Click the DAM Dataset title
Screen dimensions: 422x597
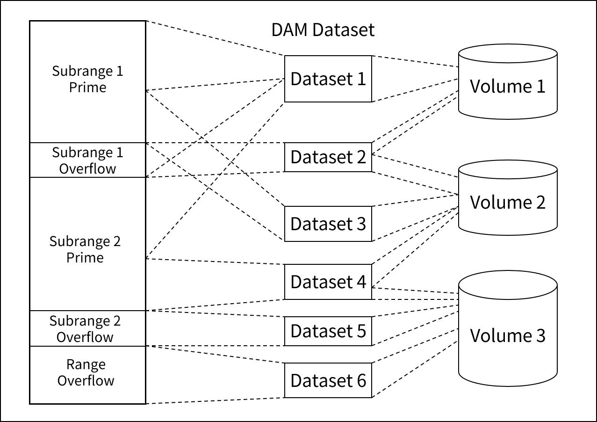coord(323,30)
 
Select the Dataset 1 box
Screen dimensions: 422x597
coord(328,79)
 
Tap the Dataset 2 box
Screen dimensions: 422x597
coord(328,157)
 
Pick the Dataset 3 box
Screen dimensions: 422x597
coord(328,224)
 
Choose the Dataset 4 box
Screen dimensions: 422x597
coord(328,282)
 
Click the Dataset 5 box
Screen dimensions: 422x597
coord(328,331)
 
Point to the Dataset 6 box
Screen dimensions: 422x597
coord(328,380)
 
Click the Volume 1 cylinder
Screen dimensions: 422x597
coord(508,86)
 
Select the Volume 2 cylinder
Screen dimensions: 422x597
coord(508,202)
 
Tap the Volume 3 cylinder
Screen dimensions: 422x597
coord(508,335)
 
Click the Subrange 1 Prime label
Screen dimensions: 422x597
coord(87,80)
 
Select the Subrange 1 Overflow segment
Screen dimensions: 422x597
coord(87,160)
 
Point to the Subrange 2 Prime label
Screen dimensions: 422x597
coord(85,250)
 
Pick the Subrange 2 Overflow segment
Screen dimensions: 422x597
coord(85,329)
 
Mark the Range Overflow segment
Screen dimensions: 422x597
coord(86,373)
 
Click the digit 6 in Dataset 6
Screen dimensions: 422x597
coord(361,380)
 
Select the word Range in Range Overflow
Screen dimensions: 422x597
coord(86,364)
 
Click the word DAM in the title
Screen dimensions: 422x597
coord(290,30)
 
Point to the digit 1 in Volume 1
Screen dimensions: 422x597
coord(540,87)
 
